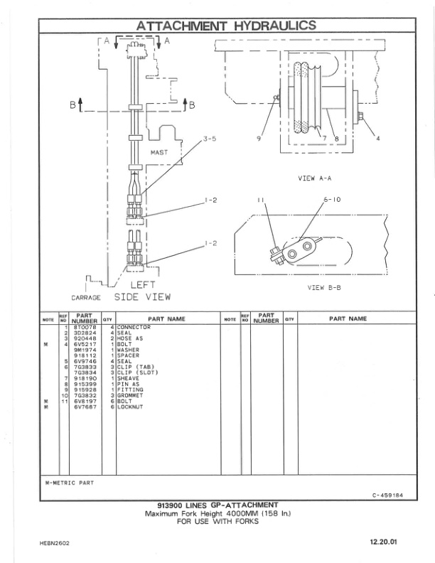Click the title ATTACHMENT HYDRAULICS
pyautogui.click(x=226, y=26)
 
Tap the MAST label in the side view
pyautogui.click(x=160, y=152)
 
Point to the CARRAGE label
pyautogui.click(x=86, y=298)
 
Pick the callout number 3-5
pyautogui.click(x=210, y=139)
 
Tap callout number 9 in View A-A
pyautogui.click(x=259, y=139)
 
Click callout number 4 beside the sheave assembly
pyautogui.click(x=378, y=139)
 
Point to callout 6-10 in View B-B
pyautogui.click(x=333, y=200)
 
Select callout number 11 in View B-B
pyautogui.click(x=261, y=201)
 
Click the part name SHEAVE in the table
pyautogui.click(x=129, y=378)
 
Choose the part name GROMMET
pyautogui.click(x=131, y=395)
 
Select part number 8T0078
pyautogui.click(x=85, y=327)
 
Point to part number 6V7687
pyautogui.click(x=85, y=407)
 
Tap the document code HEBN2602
pyautogui.click(x=55, y=543)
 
